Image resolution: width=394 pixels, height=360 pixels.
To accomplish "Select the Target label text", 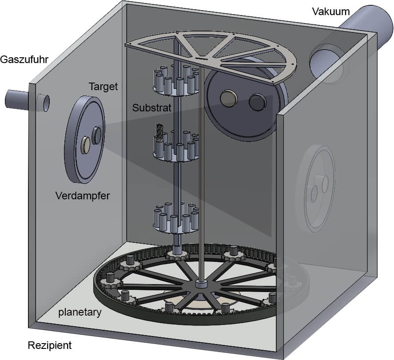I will click(103, 86).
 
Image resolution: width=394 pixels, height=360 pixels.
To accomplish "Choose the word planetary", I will click(80, 312).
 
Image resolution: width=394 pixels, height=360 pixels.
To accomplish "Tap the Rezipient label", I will click(49, 345).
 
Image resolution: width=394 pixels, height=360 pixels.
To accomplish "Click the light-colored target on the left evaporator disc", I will click(85, 144).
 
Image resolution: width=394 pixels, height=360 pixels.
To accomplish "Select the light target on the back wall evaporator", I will click(229, 98).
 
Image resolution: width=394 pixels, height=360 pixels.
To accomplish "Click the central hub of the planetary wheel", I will click(203, 284).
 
